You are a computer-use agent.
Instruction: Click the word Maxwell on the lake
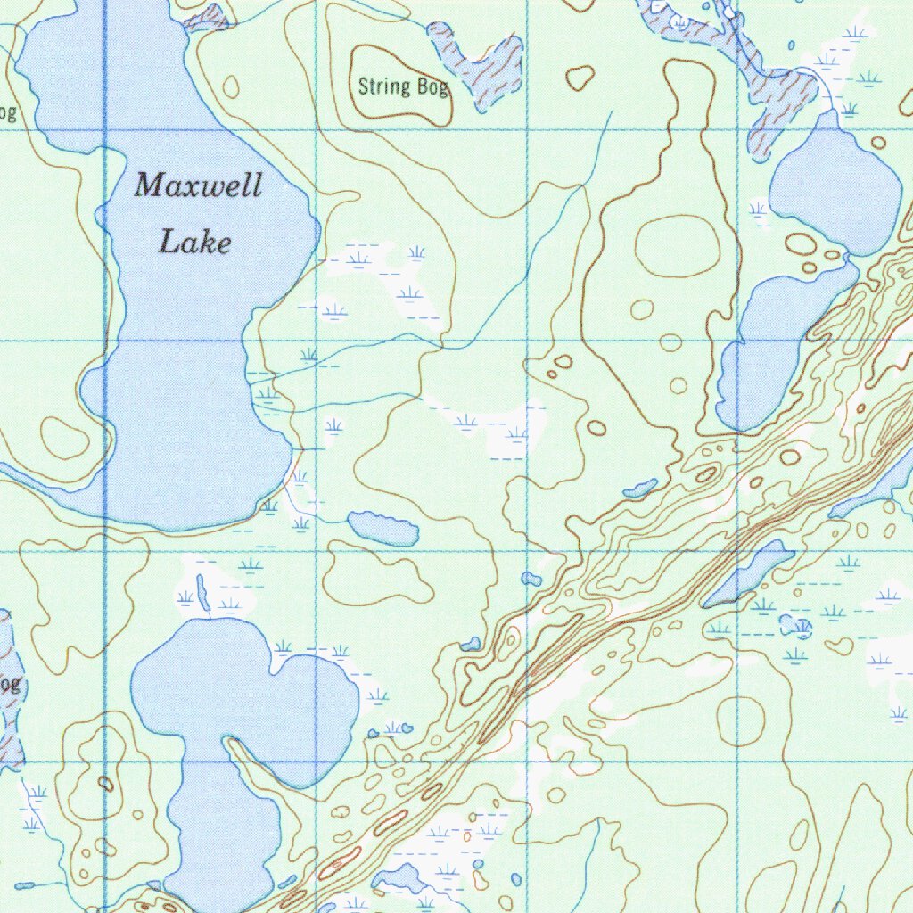coord(198,186)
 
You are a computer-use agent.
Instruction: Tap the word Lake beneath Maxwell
coord(194,242)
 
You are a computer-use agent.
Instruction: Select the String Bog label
coord(402,87)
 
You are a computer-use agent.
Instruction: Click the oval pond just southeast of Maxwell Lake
coord(383,528)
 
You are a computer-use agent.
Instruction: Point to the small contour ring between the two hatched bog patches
coord(580,78)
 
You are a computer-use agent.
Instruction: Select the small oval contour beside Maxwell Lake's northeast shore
coord(231,87)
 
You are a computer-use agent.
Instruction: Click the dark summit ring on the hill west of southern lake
coord(106,784)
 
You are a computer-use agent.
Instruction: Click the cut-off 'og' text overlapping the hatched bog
coord(8,685)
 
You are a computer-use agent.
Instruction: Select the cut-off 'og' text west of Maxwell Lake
coord(7,113)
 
